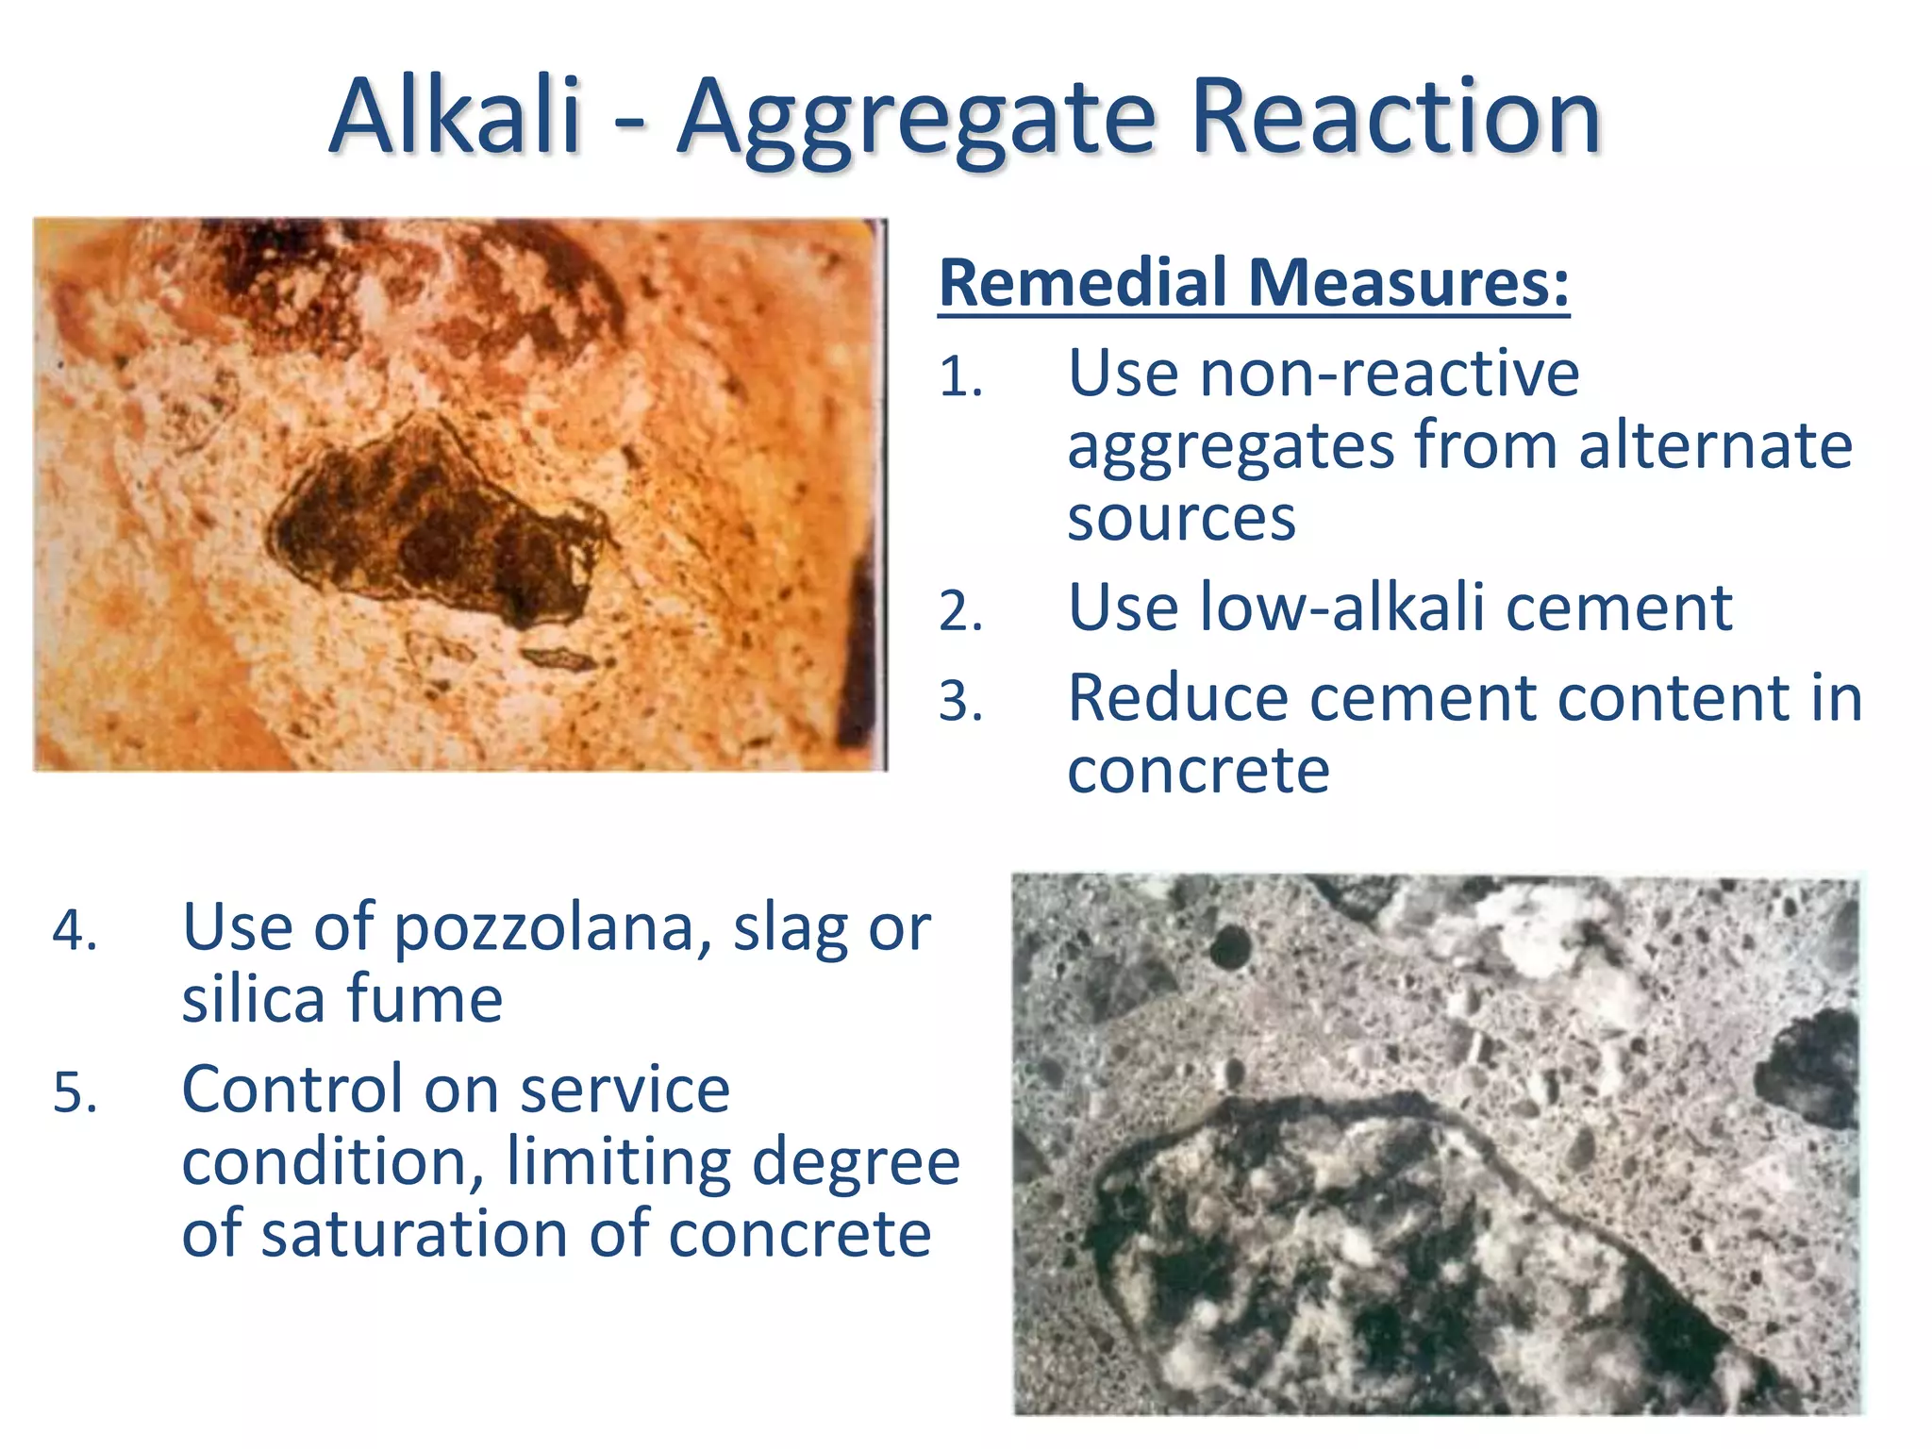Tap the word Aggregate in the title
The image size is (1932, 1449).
click(x=916, y=121)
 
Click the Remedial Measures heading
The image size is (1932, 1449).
click(x=1254, y=282)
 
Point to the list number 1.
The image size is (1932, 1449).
click(x=960, y=377)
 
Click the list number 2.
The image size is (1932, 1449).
click(x=960, y=610)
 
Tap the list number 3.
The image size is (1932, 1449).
click(x=960, y=701)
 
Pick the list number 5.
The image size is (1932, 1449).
click(x=75, y=1092)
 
